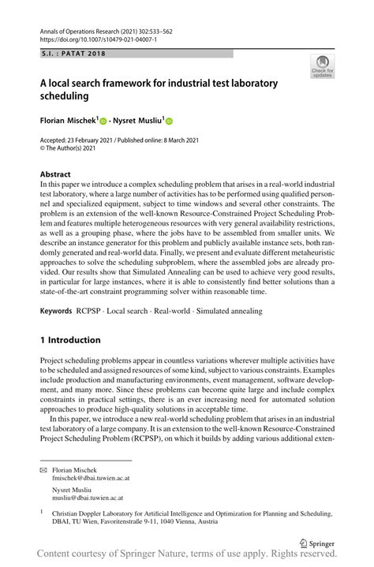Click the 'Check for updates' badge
321,66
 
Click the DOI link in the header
86,39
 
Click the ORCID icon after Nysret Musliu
167,121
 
